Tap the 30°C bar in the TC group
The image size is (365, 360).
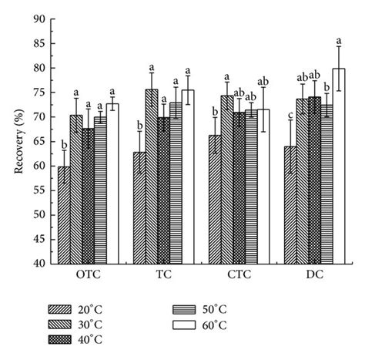[x=152, y=177]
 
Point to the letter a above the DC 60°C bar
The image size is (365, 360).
[x=338, y=40]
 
